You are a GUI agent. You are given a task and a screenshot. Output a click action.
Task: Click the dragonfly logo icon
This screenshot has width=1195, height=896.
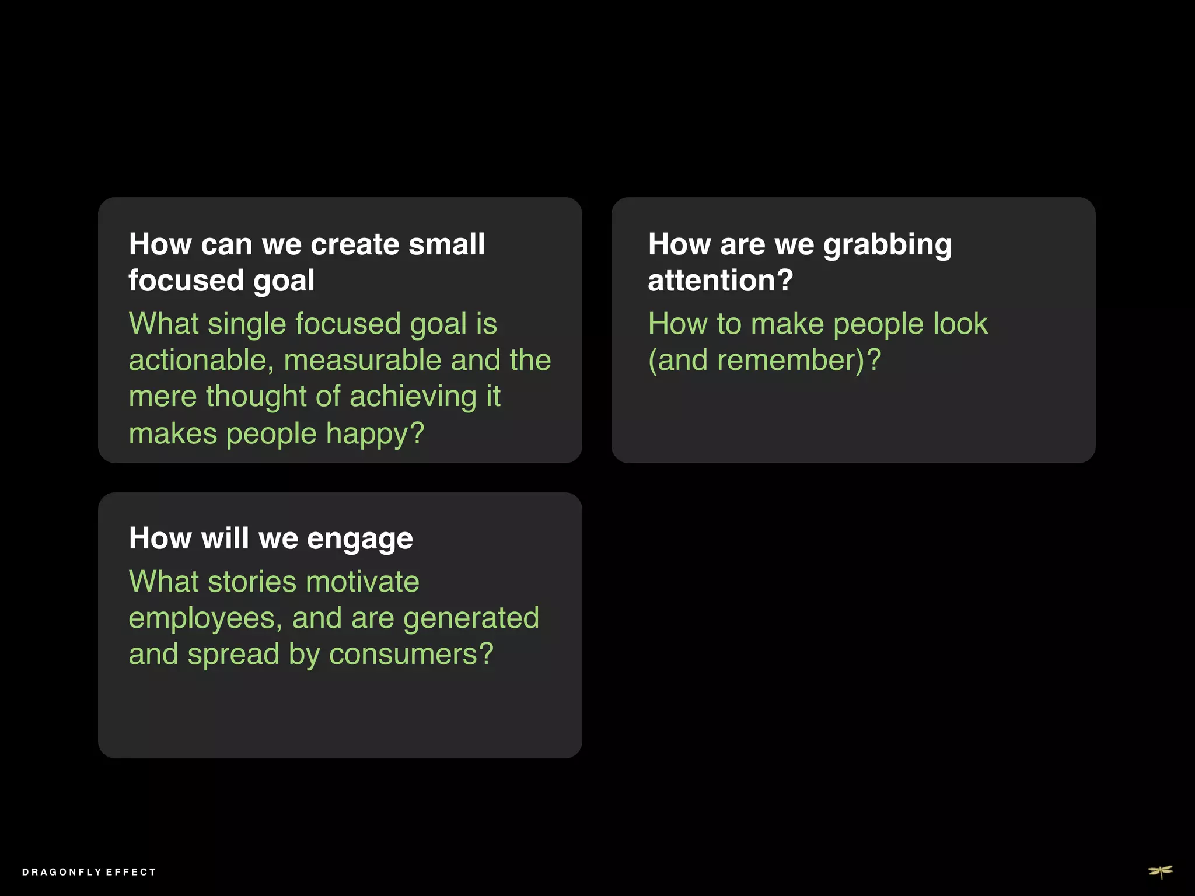[x=1161, y=871]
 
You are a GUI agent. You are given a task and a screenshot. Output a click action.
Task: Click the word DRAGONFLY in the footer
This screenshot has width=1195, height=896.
[x=62, y=872]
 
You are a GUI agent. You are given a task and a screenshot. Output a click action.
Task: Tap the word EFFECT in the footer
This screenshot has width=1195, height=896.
[x=131, y=872]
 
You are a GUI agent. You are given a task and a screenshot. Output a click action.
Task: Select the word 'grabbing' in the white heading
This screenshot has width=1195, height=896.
[x=887, y=245]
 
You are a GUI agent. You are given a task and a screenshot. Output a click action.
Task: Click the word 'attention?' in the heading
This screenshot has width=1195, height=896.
[x=721, y=281]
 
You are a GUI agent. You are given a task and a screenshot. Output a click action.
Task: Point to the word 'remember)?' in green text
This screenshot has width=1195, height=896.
[x=799, y=360]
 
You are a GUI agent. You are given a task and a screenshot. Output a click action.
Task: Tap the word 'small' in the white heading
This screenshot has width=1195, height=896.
[x=446, y=244]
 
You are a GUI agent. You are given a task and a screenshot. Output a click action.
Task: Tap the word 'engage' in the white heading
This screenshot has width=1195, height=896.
[x=359, y=539]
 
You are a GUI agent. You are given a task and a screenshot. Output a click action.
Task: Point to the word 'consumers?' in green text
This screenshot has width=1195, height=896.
[x=411, y=654]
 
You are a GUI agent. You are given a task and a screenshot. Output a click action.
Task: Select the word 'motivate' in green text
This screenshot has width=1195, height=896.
[x=362, y=582]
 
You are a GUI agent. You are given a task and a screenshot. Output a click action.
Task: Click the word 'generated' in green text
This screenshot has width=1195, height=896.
[x=471, y=618]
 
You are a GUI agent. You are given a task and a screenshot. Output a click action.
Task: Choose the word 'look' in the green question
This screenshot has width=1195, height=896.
[x=960, y=324]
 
